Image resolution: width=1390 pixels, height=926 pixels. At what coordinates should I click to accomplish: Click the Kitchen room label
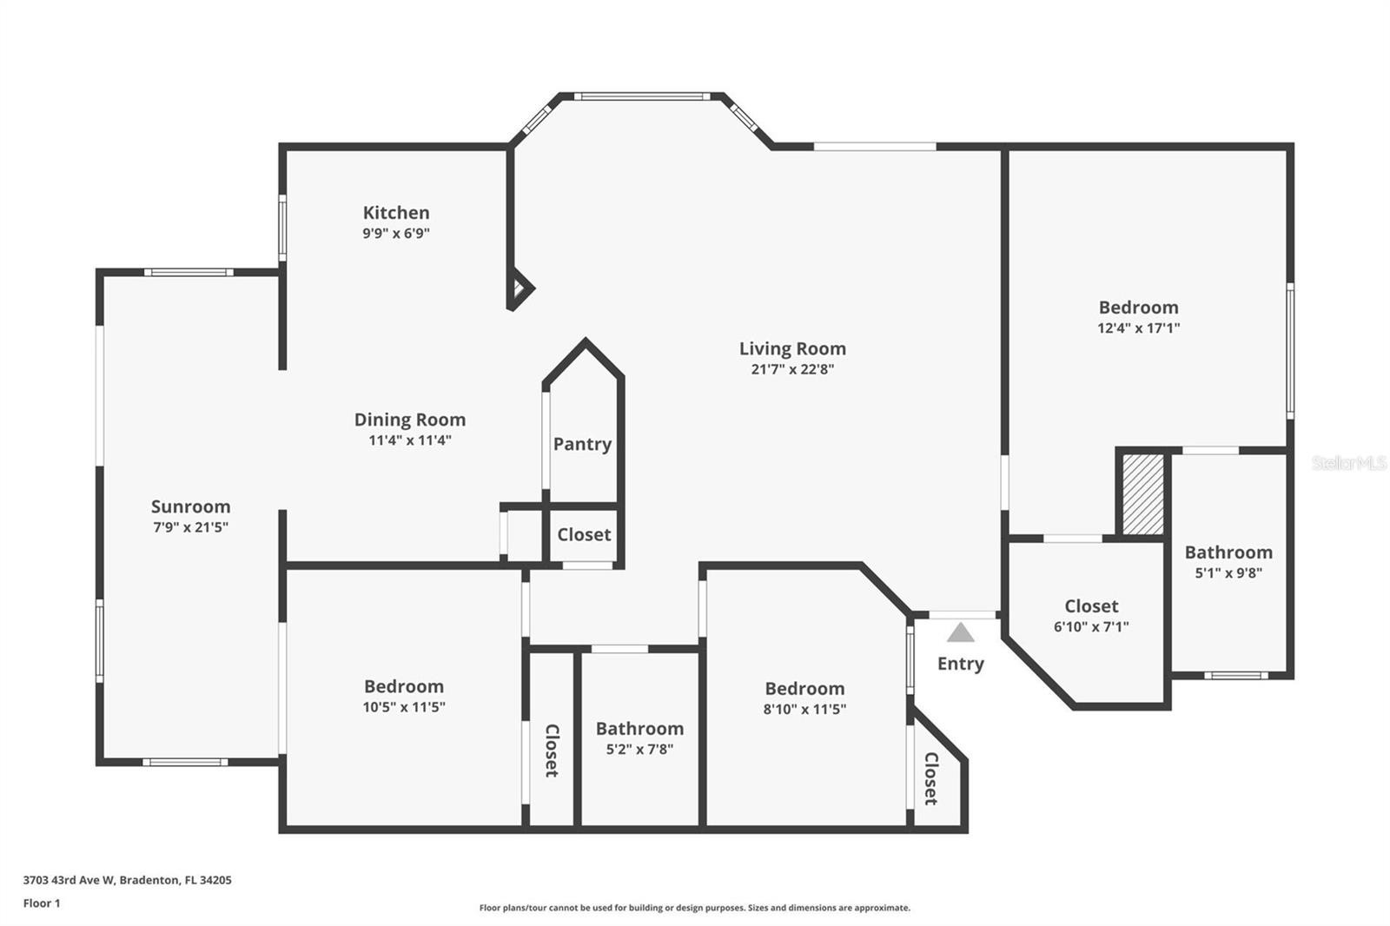(396, 213)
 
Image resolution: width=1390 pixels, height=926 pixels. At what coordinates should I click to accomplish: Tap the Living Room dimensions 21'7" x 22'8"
(792, 369)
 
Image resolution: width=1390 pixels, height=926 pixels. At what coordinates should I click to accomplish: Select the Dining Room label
(409, 420)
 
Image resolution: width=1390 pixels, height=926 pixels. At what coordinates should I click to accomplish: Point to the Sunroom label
(190, 506)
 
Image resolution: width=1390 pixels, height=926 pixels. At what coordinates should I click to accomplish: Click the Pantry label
(582, 445)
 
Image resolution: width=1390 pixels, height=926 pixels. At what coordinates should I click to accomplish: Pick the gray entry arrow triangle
(960, 632)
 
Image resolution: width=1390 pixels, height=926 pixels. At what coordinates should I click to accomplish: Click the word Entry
(961, 664)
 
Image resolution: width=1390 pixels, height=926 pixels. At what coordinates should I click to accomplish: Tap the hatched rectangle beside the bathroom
(1143, 494)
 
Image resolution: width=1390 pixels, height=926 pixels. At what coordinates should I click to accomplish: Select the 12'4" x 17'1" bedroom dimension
(1139, 327)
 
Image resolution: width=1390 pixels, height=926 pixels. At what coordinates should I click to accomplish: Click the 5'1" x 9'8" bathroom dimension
(1228, 572)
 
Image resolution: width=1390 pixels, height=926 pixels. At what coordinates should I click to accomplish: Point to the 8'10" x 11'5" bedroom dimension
(804, 709)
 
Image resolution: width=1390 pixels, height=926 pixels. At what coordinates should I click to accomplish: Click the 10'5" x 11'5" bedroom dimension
(404, 707)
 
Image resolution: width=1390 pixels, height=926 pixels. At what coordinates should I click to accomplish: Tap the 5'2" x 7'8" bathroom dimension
(639, 749)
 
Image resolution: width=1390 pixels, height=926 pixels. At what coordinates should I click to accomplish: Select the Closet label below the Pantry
(584, 534)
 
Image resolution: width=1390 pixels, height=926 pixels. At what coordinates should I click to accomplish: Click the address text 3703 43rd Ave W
(69, 880)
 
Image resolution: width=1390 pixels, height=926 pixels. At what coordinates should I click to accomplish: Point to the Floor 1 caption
(42, 903)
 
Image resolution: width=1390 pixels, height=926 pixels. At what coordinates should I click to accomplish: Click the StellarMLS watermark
(1349, 463)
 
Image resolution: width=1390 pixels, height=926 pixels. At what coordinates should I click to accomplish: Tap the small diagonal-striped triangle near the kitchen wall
(518, 288)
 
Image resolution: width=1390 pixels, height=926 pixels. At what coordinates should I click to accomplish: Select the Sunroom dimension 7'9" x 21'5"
(190, 527)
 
